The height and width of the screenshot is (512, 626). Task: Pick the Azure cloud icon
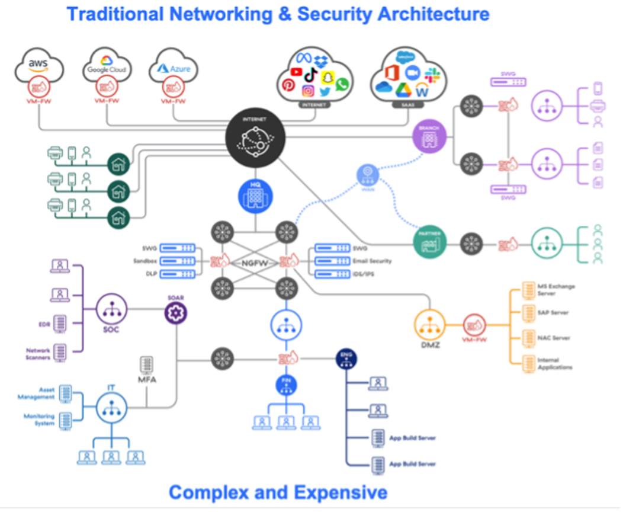pos(174,65)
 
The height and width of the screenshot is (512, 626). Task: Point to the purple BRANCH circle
pos(428,137)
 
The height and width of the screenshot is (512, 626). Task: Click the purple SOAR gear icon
pos(176,312)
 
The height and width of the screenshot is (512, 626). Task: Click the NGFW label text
pos(255,261)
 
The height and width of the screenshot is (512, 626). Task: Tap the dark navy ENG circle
pos(346,359)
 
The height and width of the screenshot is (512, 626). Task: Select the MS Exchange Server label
pos(556,290)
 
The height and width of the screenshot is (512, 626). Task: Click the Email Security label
pos(372,261)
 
